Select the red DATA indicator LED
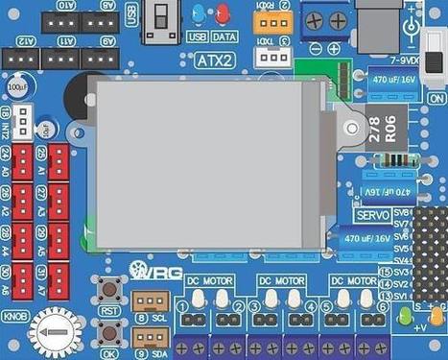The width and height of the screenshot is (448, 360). (224, 15)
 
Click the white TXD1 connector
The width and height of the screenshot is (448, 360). (271, 58)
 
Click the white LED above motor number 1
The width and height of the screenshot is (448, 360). (198, 299)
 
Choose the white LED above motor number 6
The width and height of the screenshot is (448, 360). (368, 299)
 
